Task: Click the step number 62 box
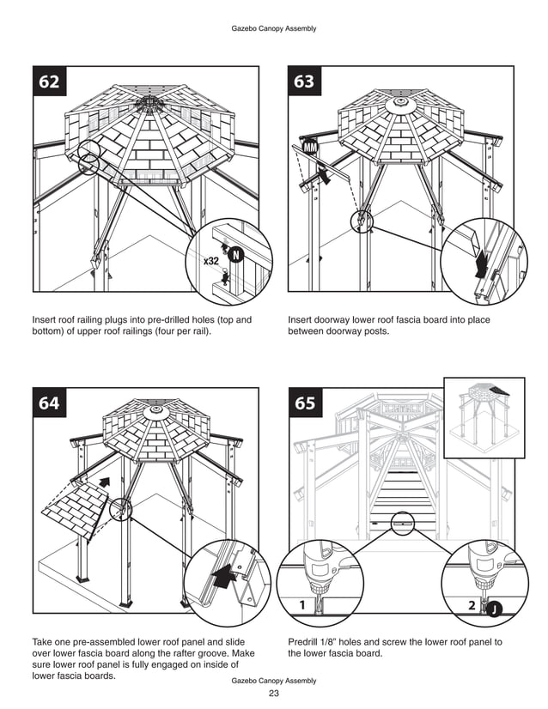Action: pyautogui.click(x=49, y=82)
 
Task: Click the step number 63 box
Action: pyautogui.click(x=303, y=82)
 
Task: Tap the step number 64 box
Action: pyautogui.click(x=49, y=403)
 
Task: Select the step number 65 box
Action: pyautogui.click(x=303, y=403)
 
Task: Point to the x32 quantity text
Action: pyautogui.click(x=211, y=260)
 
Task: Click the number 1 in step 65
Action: pyautogui.click(x=301, y=605)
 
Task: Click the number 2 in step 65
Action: pyautogui.click(x=472, y=605)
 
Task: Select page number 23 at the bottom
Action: pyautogui.click(x=274, y=694)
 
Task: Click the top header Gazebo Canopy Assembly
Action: pyautogui.click(x=274, y=28)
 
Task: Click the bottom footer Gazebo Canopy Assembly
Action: pyautogui.click(x=274, y=681)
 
